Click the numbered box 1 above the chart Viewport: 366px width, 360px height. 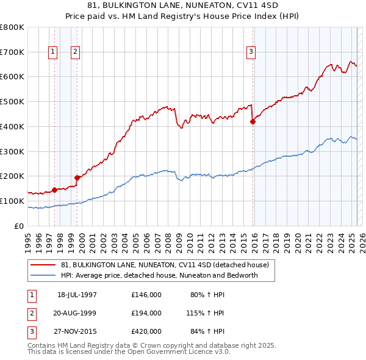(x=54, y=52)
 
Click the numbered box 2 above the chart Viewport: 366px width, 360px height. (x=75, y=52)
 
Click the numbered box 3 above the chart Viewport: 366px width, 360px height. (x=251, y=52)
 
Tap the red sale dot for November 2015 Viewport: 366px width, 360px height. (x=253, y=121)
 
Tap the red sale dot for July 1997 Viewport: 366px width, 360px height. (x=54, y=189)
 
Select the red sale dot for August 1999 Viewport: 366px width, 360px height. (x=77, y=178)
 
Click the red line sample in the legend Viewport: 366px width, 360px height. (x=43, y=265)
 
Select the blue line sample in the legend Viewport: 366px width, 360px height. (x=43, y=275)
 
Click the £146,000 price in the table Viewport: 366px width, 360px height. (x=146, y=295)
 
